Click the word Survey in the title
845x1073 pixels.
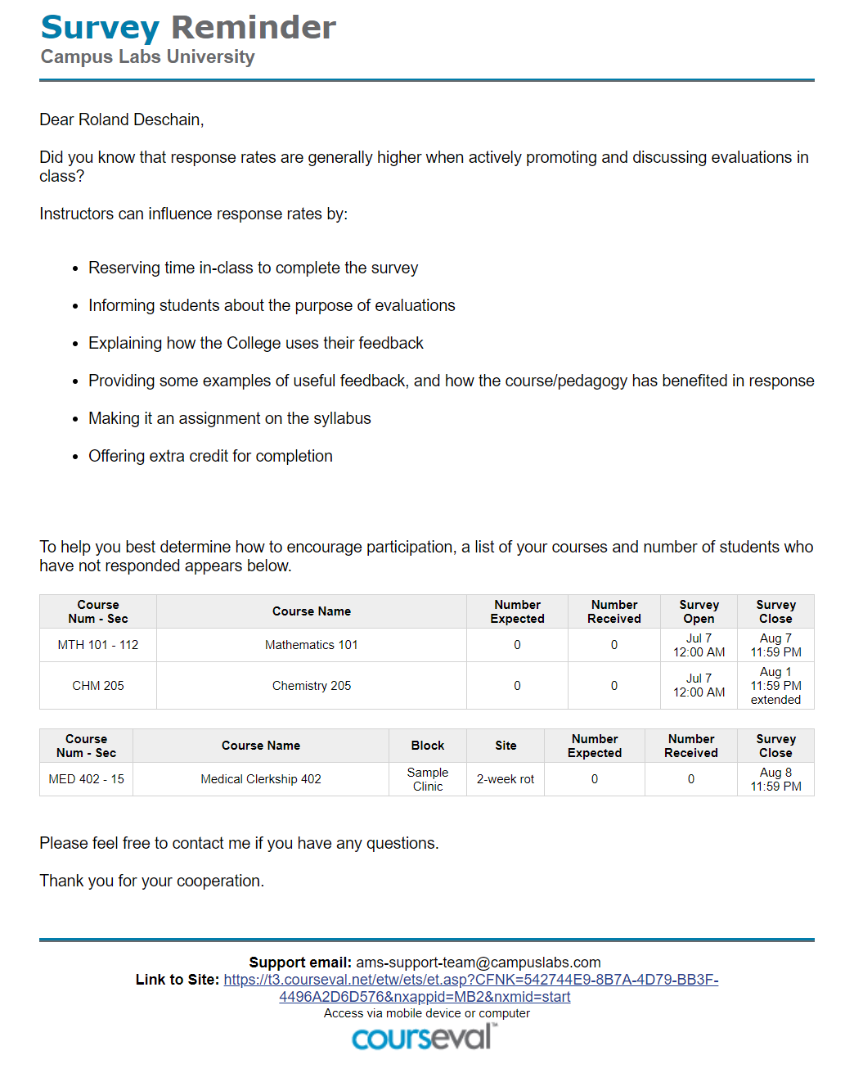point(100,28)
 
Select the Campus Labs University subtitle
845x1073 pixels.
point(148,57)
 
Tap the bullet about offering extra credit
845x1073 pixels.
point(210,457)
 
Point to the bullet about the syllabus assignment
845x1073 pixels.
point(229,419)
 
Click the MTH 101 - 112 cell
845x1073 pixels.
point(98,645)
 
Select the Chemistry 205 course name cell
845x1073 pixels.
point(312,686)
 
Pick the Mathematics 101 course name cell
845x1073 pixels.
point(312,645)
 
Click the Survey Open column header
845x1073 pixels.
point(699,612)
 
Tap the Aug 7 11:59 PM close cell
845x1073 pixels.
point(775,645)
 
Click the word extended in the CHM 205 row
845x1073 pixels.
point(775,700)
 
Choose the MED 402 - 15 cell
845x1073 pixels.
point(86,779)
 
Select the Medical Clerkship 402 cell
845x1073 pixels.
point(261,779)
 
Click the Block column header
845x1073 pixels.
point(428,746)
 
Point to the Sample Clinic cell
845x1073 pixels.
point(428,779)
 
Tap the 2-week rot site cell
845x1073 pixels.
point(506,779)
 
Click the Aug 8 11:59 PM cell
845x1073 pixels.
point(775,779)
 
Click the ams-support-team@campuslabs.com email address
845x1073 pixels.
point(478,963)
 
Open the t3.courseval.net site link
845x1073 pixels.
point(470,980)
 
